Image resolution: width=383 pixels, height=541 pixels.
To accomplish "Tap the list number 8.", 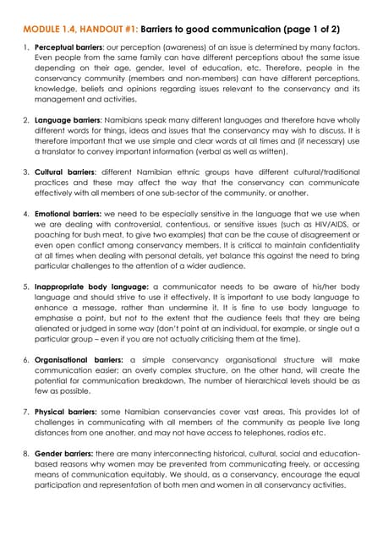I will click(25, 454).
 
